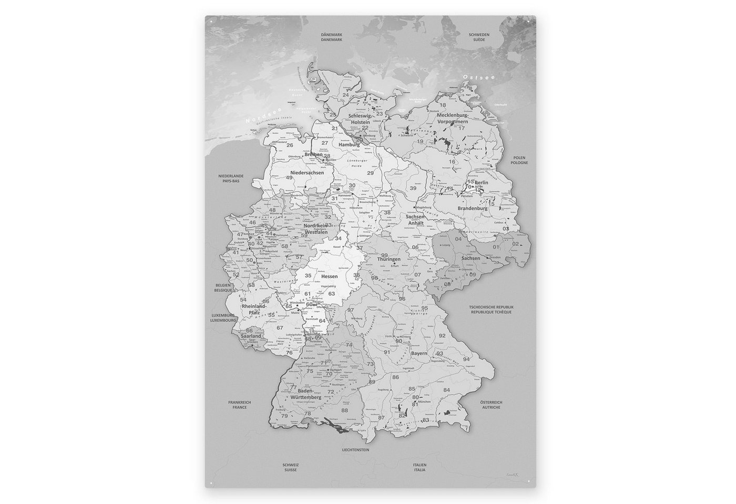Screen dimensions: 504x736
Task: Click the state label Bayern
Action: tap(419, 354)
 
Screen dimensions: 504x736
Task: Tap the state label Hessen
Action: tap(329, 276)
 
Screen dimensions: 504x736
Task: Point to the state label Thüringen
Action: tap(389, 259)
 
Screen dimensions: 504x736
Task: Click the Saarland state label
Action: tap(251, 335)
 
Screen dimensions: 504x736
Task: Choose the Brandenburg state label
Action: tap(473, 208)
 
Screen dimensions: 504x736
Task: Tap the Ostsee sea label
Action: tap(472, 78)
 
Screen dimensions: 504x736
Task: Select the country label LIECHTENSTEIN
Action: tap(355, 450)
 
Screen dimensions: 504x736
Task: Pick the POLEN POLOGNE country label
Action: tap(521, 160)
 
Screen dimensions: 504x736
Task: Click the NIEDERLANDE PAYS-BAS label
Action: tap(229, 178)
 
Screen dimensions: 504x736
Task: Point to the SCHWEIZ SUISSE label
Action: tap(291, 467)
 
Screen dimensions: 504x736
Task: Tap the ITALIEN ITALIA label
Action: tap(419, 467)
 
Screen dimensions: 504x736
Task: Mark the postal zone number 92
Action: tap(442, 335)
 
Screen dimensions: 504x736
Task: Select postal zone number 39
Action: tap(413, 188)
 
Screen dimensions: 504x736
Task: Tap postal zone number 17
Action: tap(462, 128)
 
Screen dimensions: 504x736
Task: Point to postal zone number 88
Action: tap(344, 410)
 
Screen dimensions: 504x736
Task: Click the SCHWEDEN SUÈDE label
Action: tap(479, 37)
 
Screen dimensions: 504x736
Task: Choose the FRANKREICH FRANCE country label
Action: tap(239, 404)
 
